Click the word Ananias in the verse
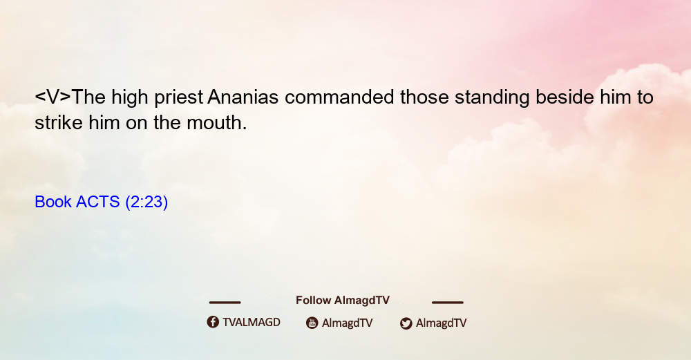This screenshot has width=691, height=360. [243, 97]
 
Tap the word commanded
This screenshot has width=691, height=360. [339, 97]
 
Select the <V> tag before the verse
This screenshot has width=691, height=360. [53, 97]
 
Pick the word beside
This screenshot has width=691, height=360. [565, 97]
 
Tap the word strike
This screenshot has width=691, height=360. [59, 122]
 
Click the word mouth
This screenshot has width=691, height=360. [217, 122]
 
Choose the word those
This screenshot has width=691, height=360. [424, 97]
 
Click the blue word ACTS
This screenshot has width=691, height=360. [98, 202]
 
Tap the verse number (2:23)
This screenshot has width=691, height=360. [146, 202]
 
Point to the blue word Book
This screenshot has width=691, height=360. [53, 202]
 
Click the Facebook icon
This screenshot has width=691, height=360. [213, 322]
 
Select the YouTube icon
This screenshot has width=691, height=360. [312, 323]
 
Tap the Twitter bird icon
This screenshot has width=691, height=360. [406, 323]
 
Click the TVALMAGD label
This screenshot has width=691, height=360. [252, 322]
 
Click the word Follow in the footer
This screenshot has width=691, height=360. [313, 300]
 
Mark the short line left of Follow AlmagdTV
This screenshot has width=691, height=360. [225, 302]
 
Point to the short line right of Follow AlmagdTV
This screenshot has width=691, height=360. [448, 302]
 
